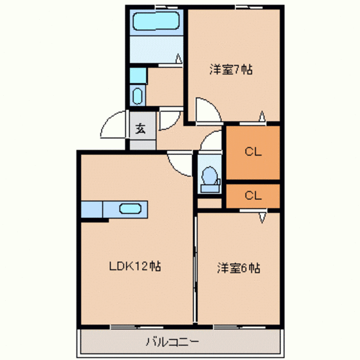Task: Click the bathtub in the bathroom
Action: pyautogui.click(x=156, y=21)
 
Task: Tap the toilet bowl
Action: pyautogui.click(x=210, y=175)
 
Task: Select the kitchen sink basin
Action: pyautogui.click(x=130, y=209)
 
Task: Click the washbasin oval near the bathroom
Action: pyautogui.click(x=138, y=96)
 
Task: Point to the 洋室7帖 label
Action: pyautogui.click(x=231, y=69)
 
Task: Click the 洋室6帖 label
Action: pyautogui.click(x=239, y=268)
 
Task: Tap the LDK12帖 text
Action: pyautogui.click(x=135, y=266)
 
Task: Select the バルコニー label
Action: pyautogui.click(x=172, y=342)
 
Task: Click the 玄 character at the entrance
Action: pyautogui.click(x=140, y=129)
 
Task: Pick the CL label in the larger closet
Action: pyautogui.click(x=253, y=152)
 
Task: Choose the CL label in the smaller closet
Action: pyautogui.click(x=253, y=195)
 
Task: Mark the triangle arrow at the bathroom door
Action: pyautogui.click(x=179, y=59)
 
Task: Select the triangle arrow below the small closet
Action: pyautogui.click(x=262, y=218)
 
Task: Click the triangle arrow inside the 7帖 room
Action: pyautogui.click(x=262, y=116)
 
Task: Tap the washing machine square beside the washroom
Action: pyautogui.click(x=138, y=75)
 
